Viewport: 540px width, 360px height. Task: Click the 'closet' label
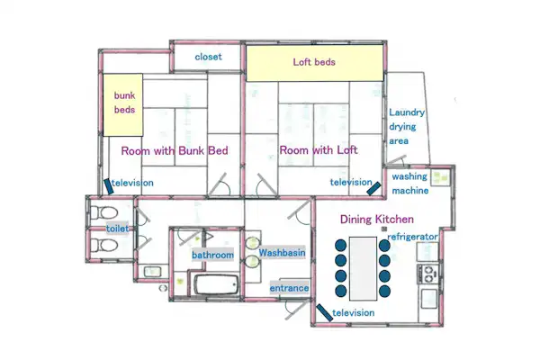pos(209,57)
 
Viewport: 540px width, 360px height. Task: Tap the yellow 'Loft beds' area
pos(314,63)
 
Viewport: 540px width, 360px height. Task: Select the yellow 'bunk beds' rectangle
pos(123,104)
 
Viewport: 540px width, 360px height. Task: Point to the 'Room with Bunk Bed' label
pos(175,150)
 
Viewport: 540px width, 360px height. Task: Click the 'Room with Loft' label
pos(319,150)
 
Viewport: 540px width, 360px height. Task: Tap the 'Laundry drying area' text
pos(407,126)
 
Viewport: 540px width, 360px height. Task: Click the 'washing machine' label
pos(410,184)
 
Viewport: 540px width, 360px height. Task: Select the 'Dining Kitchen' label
pos(377,220)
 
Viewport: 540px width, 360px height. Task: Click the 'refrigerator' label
pos(412,237)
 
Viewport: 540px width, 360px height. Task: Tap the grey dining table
pos(363,268)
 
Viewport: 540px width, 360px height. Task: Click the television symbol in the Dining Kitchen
pos(324,313)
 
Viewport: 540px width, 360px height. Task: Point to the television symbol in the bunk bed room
pos(109,186)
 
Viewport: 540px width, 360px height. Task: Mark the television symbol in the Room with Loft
pos(373,188)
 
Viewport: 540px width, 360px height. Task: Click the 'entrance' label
pos(289,288)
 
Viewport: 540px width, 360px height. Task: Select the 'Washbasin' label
pos(282,253)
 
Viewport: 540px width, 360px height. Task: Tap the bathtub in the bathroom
pos(217,284)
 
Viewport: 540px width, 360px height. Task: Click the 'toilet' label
pos(117,228)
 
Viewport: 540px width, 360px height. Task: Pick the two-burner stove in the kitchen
pos(427,274)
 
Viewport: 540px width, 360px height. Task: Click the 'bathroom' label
pos(212,255)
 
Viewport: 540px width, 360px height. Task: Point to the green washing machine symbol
pos(440,178)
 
